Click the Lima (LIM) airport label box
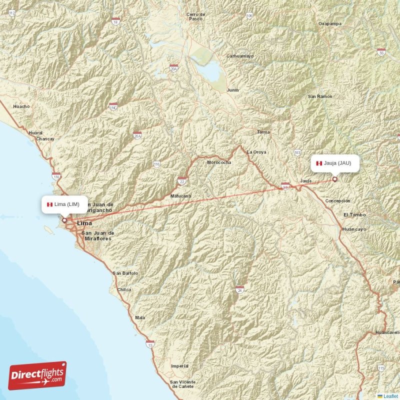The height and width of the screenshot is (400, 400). pos(64,204)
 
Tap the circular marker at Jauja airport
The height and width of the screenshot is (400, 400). pos(334,179)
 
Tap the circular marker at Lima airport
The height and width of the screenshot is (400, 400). pos(64,219)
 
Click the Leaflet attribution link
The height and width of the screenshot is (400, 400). pos(390,396)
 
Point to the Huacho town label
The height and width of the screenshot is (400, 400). pos(21,106)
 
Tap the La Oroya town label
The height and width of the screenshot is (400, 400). pos(256,152)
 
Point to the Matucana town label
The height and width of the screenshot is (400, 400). pos(180,196)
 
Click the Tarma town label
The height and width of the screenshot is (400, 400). pos(263,132)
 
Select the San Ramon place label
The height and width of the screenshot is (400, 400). pos(320,96)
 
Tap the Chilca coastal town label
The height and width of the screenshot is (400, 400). pos(124,289)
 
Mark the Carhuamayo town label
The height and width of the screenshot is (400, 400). pos(240,56)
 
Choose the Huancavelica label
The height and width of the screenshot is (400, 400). pos(387,332)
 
